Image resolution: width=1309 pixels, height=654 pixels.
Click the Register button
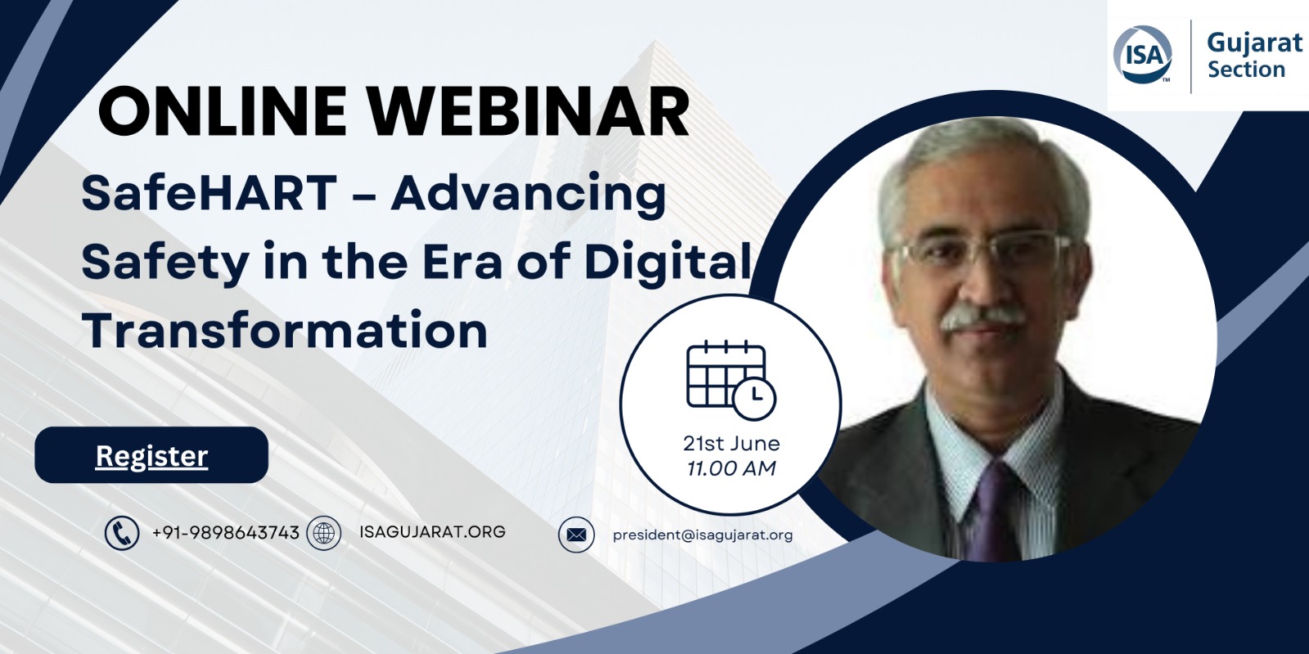click(x=151, y=455)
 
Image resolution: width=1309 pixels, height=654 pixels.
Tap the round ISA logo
click(x=1143, y=55)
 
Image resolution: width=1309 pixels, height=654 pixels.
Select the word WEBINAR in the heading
click(x=529, y=112)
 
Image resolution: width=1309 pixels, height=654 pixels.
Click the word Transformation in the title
click(x=285, y=330)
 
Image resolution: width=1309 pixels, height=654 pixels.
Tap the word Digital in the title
click(x=668, y=262)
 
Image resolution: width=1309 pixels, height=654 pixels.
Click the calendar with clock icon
click(x=731, y=379)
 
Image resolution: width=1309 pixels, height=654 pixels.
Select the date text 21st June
click(x=731, y=444)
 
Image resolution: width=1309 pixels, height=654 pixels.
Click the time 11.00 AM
click(x=731, y=468)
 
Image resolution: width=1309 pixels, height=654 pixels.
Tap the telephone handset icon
click(x=122, y=533)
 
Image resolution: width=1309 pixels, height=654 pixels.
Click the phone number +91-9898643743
click(x=226, y=532)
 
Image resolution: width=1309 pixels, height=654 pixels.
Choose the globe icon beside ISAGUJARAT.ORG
click(x=324, y=533)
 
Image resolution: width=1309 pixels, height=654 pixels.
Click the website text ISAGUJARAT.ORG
click(x=433, y=532)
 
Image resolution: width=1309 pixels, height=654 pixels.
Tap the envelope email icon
click(x=576, y=535)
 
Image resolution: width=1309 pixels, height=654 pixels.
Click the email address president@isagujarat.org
click(x=703, y=535)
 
